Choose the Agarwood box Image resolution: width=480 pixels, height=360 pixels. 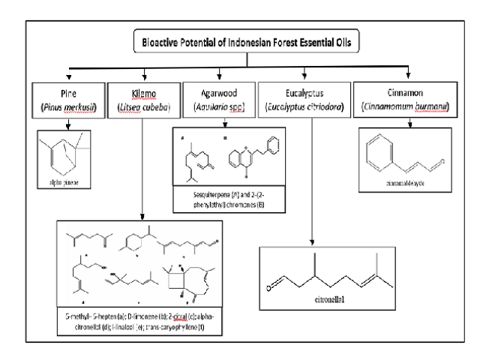(x=220, y=99)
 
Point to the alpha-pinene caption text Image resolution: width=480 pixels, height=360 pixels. (x=69, y=182)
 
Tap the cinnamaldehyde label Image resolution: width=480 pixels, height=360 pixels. (x=405, y=181)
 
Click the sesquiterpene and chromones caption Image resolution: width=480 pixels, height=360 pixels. (x=232, y=198)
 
